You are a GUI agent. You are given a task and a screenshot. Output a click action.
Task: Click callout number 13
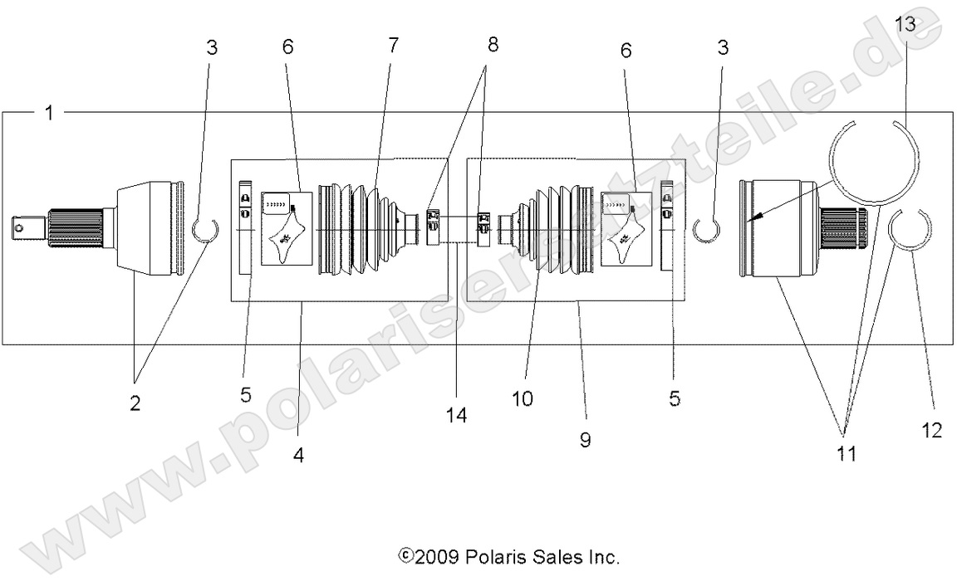[905, 24]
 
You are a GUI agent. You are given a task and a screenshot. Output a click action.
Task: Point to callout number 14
[457, 414]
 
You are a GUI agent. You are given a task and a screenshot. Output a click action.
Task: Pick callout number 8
[493, 46]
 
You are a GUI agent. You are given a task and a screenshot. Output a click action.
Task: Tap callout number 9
[585, 439]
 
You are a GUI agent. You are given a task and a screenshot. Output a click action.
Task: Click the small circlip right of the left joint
[204, 229]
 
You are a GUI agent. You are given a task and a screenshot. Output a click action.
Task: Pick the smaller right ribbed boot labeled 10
[548, 228]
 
